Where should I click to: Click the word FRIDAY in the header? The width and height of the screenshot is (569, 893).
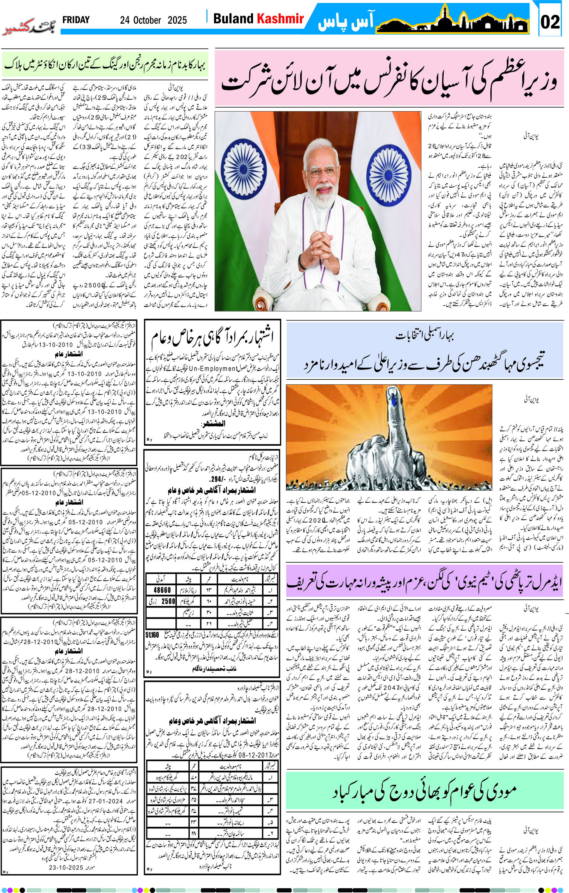[x=76, y=20]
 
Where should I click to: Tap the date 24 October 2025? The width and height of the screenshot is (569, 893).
[x=153, y=20]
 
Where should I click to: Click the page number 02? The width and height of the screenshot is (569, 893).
[x=550, y=22]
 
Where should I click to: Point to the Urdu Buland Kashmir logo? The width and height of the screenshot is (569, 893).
[x=29, y=26]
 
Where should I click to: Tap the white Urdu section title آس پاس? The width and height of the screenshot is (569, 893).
[x=345, y=22]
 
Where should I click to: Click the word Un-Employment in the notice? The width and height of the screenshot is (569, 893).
[x=213, y=369]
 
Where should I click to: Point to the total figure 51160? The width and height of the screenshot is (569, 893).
[x=152, y=635]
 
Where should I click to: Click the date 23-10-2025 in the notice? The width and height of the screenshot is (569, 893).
[x=66, y=868]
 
